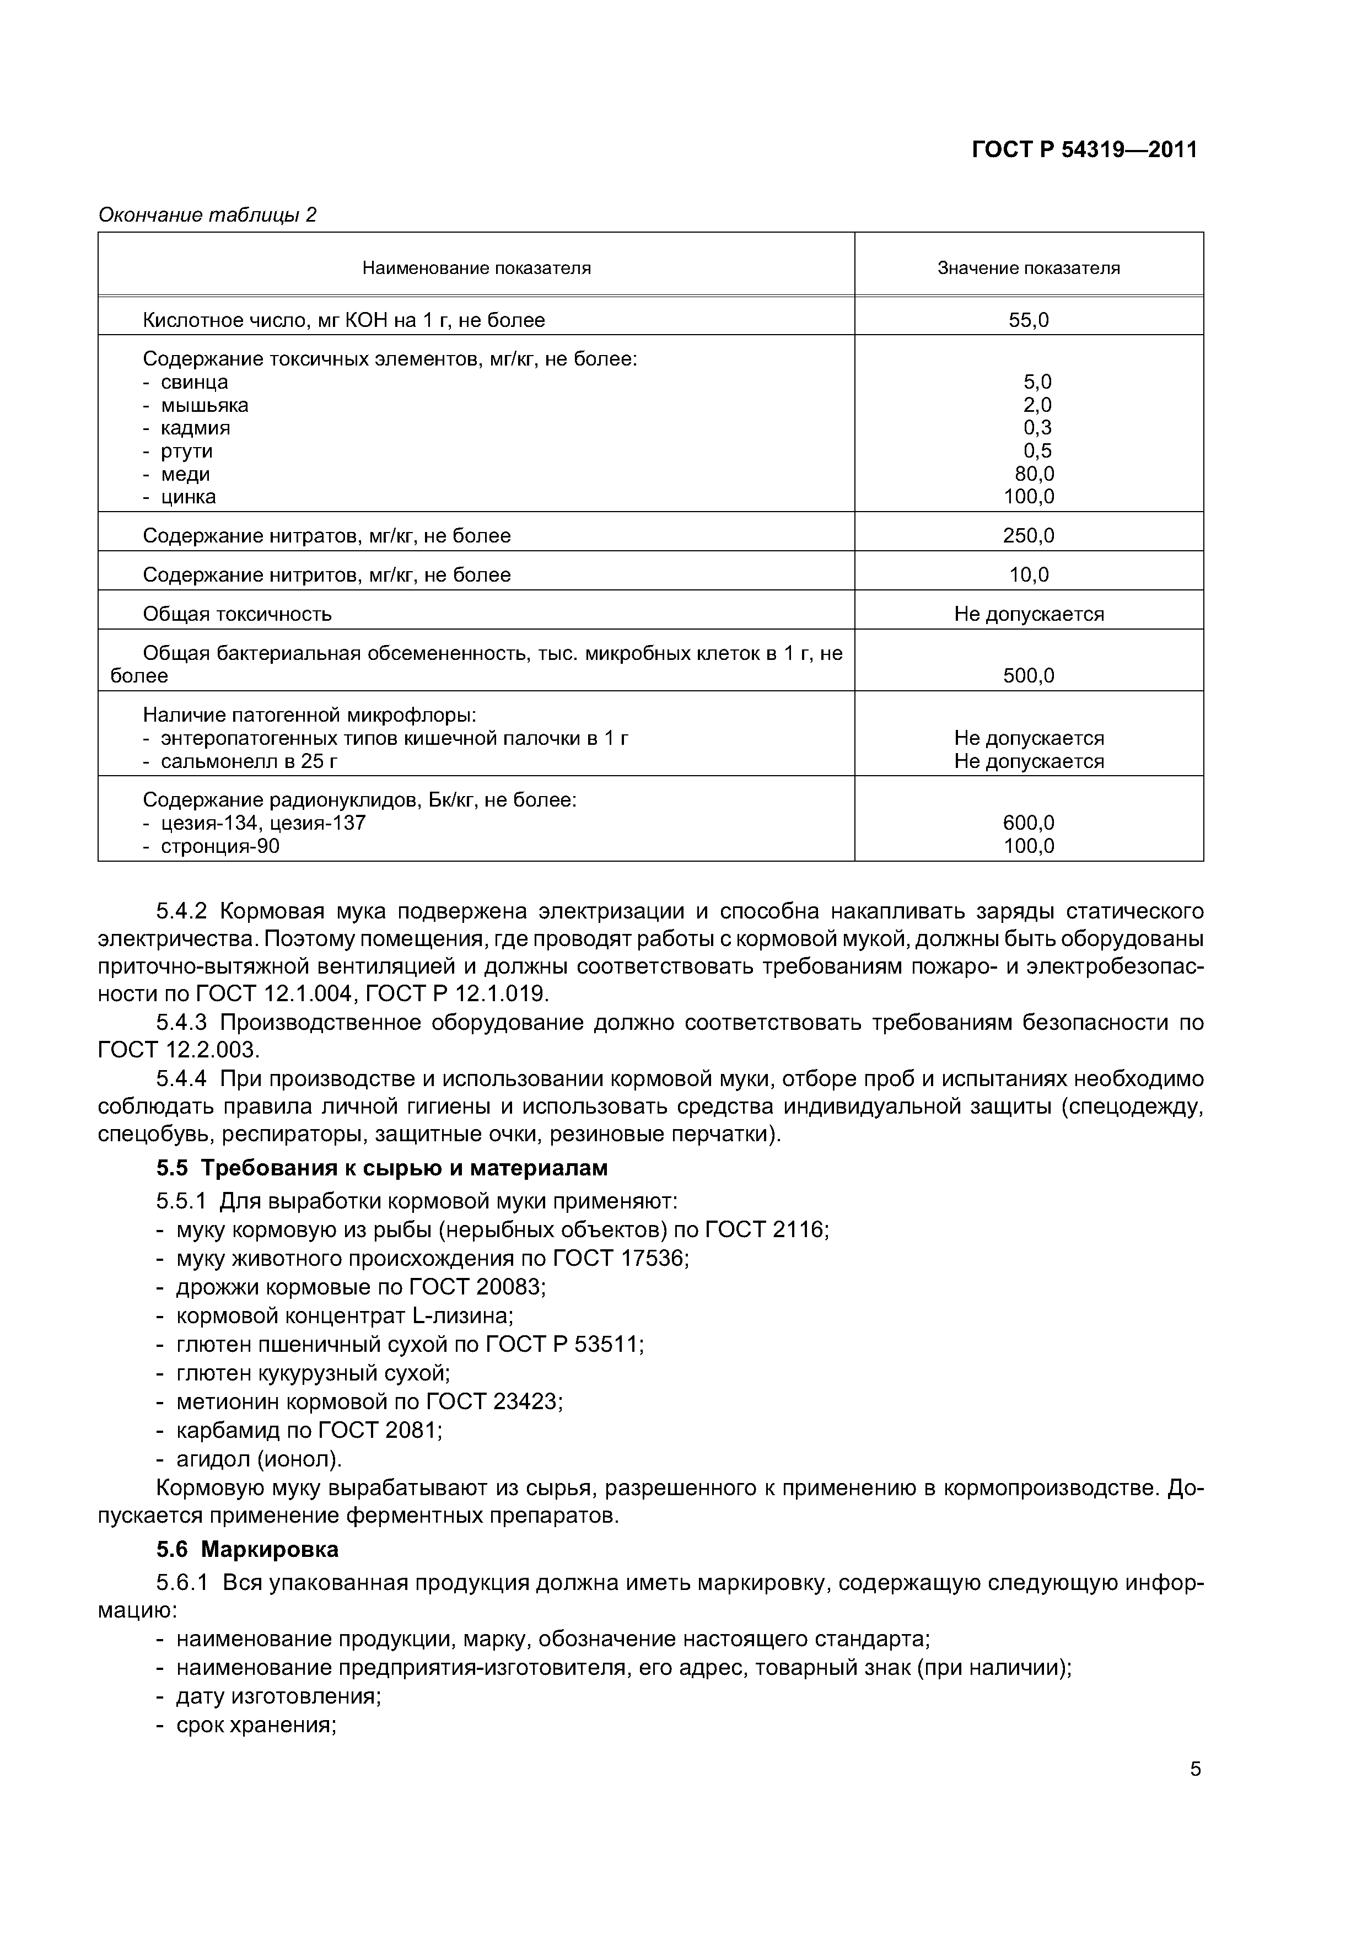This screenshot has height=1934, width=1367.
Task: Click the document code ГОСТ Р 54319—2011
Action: (1084, 150)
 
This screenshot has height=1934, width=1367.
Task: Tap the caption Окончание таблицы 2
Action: (207, 215)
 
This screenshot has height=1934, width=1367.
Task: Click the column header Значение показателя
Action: (1029, 268)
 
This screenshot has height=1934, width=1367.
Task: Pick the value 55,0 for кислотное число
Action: (1029, 320)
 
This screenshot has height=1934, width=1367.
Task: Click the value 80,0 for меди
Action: (1034, 474)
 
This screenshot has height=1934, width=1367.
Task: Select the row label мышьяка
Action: (204, 405)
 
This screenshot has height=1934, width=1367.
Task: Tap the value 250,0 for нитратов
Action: (1029, 536)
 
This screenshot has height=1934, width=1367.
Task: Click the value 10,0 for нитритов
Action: (1029, 576)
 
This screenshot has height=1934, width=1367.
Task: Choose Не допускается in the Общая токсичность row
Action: (1029, 614)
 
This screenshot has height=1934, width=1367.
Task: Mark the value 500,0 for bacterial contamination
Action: (1029, 675)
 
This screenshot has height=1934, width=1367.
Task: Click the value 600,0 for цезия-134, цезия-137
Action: (1029, 823)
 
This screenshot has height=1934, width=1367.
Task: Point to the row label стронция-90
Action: (220, 847)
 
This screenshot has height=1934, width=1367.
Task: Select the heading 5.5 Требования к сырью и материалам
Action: (381, 1168)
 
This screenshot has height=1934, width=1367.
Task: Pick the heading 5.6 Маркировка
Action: (247, 1550)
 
